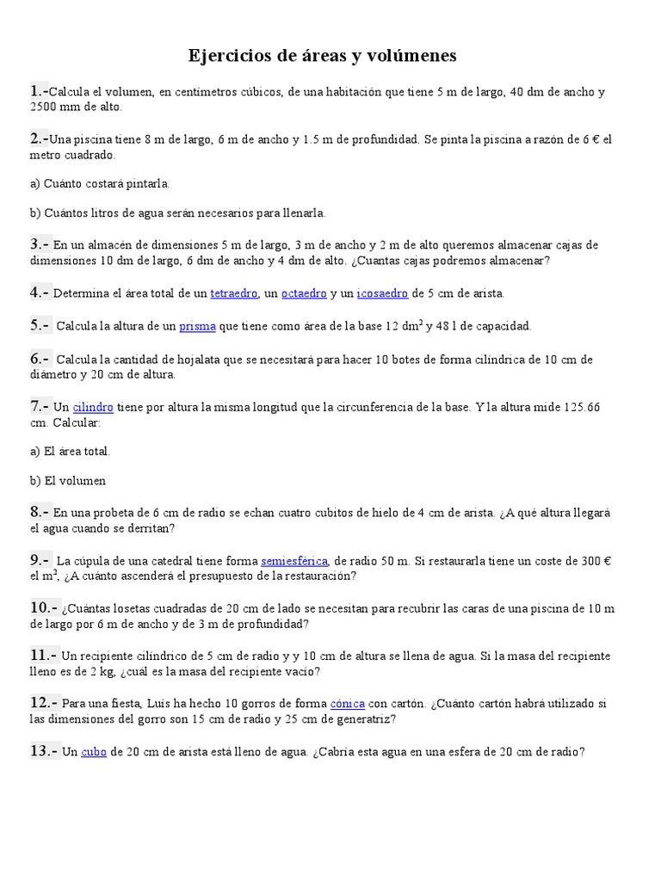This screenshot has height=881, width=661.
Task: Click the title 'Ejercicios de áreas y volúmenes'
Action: click(x=323, y=57)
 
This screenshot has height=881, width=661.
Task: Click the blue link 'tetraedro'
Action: click(x=234, y=293)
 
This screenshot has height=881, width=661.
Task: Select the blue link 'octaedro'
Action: click(x=304, y=293)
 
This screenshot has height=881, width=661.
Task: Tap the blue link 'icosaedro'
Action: click(x=382, y=293)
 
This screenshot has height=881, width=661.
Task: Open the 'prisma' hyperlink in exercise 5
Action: click(x=198, y=326)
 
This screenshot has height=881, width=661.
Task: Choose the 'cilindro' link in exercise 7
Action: click(x=93, y=407)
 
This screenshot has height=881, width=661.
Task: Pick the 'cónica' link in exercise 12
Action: click(x=348, y=703)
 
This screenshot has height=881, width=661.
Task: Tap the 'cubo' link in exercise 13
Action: click(x=93, y=752)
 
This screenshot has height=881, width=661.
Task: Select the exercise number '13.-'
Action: click(x=44, y=751)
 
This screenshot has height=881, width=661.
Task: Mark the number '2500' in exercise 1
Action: click(x=45, y=107)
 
